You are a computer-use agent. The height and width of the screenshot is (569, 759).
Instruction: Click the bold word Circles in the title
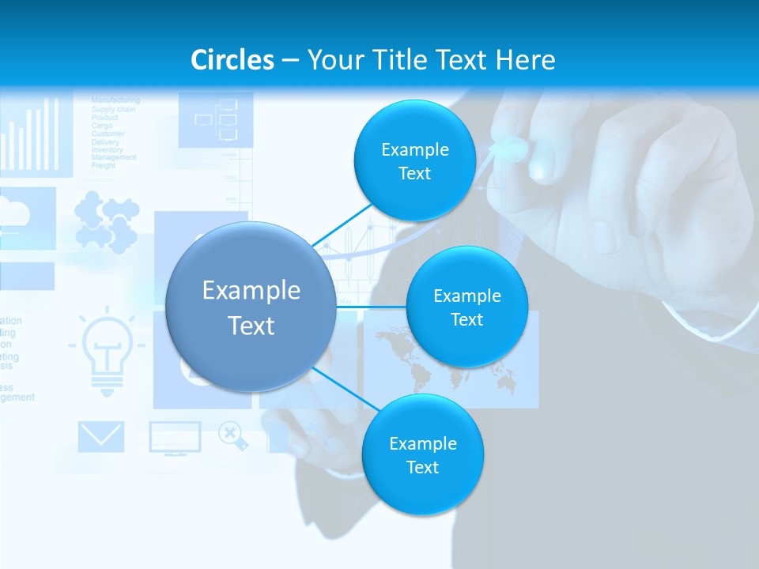pos(232,60)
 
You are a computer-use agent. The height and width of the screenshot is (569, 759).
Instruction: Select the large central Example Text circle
pos(251,307)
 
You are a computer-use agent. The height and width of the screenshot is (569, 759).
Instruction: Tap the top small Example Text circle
pos(414,160)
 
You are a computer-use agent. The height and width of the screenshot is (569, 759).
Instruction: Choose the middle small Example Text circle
pos(466,307)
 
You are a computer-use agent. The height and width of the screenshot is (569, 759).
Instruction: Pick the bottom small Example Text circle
pos(422,454)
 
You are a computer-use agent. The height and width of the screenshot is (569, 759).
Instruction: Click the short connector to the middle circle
pos(371,307)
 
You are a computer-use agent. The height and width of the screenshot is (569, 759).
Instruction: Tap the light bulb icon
pos(106,352)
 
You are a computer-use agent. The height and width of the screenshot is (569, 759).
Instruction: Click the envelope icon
pos(101,436)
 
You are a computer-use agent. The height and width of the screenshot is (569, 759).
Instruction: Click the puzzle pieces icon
pos(106,223)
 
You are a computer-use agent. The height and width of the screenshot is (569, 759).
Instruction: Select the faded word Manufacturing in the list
pos(115,100)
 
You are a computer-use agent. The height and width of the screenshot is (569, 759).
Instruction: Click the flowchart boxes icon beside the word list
pos(216,119)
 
